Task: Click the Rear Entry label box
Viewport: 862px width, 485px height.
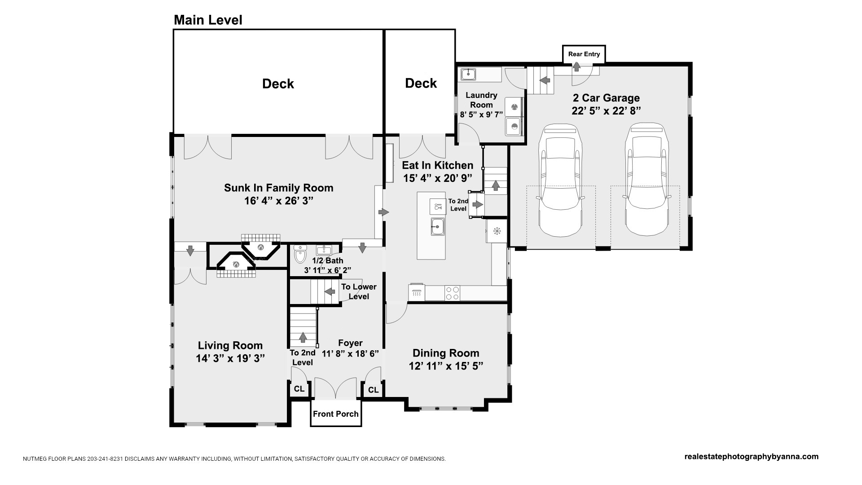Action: coord(584,54)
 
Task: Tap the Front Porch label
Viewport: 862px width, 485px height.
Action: coord(336,414)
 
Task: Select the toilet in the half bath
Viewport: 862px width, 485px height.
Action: coord(300,255)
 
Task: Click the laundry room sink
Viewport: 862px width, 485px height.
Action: coord(468,74)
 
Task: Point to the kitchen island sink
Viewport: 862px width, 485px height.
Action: coord(438,226)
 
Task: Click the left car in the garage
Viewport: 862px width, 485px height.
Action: coord(561,180)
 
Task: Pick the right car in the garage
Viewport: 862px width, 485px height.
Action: coord(646,180)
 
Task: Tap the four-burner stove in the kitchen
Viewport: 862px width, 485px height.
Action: coord(452,293)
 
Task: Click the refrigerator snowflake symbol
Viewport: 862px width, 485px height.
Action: coord(497,231)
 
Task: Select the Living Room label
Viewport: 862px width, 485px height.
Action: coord(230,345)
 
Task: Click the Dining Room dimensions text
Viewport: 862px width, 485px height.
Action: coord(446,366)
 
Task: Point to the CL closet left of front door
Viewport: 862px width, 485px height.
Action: coord(299,389)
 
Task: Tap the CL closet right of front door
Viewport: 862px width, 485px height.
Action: coord(373,390)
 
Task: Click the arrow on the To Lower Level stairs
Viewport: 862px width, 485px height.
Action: coord(330,291)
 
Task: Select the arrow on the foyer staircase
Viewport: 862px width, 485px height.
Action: coord(303,337)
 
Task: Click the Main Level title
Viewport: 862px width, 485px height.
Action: coord(208,20)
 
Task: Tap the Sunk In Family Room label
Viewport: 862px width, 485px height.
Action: coord(279,188)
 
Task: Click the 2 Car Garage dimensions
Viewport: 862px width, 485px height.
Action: coord(606,110)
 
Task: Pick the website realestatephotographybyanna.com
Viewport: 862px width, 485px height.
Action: coord(752,457)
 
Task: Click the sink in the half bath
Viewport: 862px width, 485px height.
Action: coord(323,251)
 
